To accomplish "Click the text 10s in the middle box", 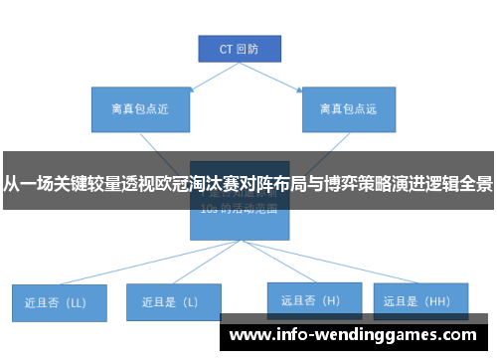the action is pos(209,210).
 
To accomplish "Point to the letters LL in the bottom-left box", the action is pos(77,301).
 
